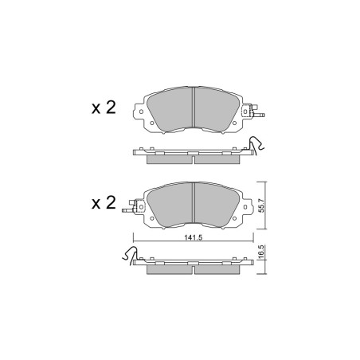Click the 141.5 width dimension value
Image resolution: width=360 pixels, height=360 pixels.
pos(194,237)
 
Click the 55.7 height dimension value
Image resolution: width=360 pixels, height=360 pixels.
pos(262,205)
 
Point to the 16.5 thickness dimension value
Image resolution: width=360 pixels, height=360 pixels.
pos(261,252)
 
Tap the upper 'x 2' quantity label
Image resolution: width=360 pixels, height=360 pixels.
pos(104,108)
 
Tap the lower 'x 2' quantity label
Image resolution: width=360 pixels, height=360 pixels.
pos(104,203)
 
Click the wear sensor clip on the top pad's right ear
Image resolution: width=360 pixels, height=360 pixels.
pos(252,112)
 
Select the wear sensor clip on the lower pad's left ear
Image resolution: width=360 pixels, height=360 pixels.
pos(133,206)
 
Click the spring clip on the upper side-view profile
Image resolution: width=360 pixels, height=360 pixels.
pos(256,145)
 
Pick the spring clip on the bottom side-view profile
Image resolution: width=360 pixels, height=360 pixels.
pos(131,256)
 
